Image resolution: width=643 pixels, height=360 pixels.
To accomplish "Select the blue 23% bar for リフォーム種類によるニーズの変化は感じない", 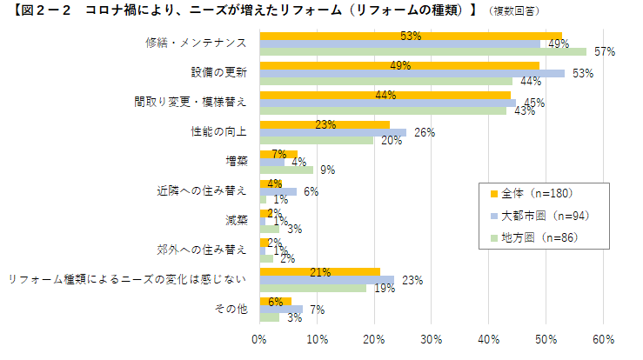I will pos(326,280).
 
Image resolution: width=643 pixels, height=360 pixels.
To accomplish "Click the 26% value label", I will pos(424,133).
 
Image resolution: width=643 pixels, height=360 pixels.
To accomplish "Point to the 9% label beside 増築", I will pos(328,170).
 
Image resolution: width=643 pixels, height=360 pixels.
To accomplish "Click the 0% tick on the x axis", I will pos(259,338).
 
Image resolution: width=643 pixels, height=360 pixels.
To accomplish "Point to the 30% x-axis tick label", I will pos(432,338).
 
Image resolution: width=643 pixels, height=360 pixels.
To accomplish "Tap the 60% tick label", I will pos(604,338).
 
